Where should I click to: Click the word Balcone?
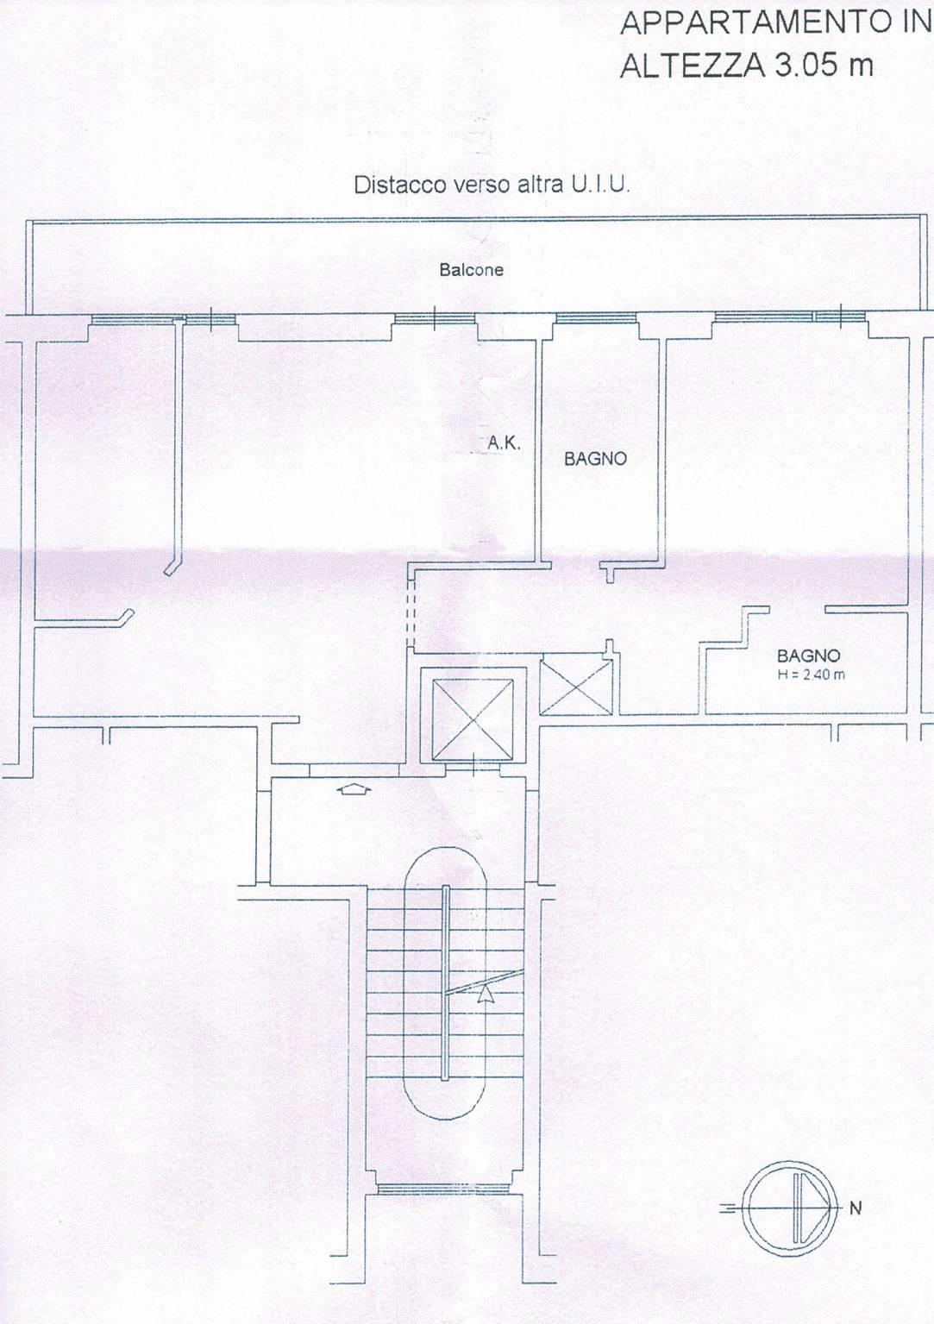tap(471, 270)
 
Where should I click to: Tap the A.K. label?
tap(504, 444)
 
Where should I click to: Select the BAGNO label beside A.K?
tap(595, 459)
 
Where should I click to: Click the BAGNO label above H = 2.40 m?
tap(808, 656)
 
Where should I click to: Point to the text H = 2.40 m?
tap(811, 675)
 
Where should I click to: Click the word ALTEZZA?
tap(691, 65)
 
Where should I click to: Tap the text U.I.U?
tap(600, 185)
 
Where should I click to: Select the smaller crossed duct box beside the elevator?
tap(577, 687)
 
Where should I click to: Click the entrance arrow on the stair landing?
tap(354, 789)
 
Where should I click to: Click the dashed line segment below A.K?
tap(412, 612)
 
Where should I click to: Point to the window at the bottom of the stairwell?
tap(443, 1184)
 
